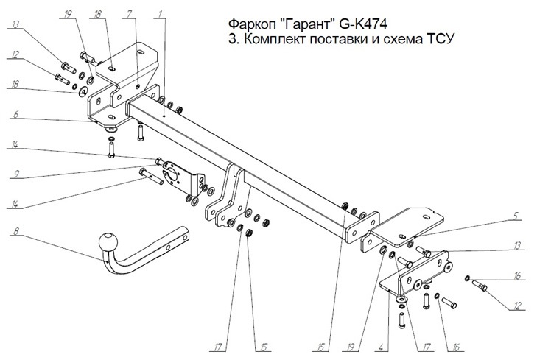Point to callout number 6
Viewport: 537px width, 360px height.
click(x=13, y=115)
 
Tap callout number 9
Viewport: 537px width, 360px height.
click(x=13, y=174)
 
